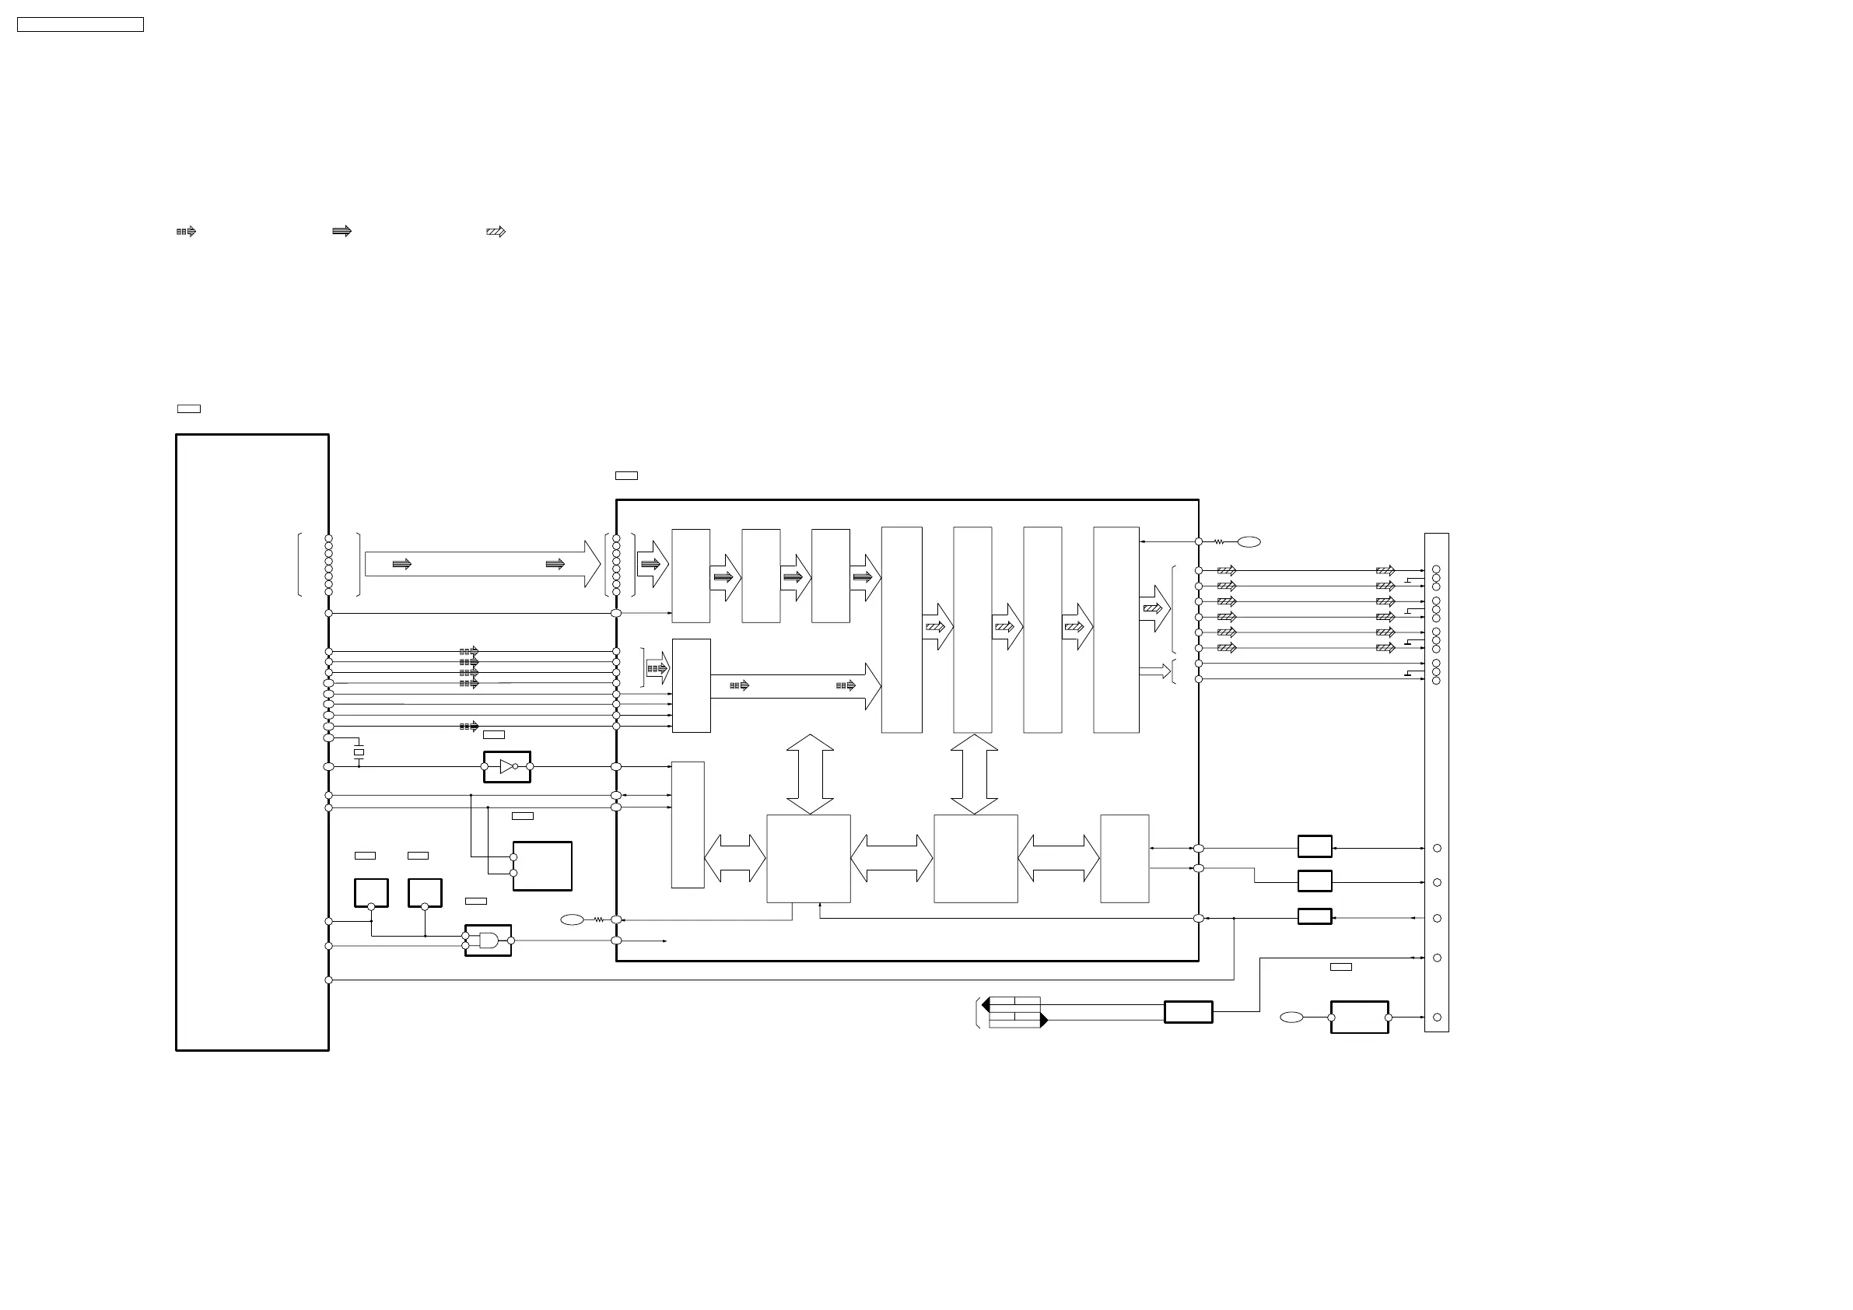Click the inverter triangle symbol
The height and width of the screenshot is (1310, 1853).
[x=506, y=767]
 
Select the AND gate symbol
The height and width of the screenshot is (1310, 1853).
[x=489, y=940]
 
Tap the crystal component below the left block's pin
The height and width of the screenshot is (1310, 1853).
[x=359, y=752]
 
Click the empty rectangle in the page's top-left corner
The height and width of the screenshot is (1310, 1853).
[x=80, y=25]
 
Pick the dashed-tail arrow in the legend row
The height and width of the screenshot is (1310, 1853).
[x=186, y=232]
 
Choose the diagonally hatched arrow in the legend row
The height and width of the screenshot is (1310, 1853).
[x=496, y=232]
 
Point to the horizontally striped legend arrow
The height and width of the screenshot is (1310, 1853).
[x=342, y=232]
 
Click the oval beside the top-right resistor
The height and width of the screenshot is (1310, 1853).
[x=1249, y=541]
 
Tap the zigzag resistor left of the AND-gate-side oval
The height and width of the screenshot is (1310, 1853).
[x=599, y=919]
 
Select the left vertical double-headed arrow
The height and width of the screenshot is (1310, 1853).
[x=810, y=774]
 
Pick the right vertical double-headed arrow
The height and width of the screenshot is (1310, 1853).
[x=974, y=774]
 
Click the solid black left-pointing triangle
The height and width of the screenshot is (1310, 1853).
[x=986, y=1005]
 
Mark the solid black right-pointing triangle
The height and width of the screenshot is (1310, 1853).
[x=1043, y=1021]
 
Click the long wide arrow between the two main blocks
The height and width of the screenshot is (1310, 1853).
[x=482, y=564]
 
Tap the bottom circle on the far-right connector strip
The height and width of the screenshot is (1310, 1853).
[x=1437, y=1018]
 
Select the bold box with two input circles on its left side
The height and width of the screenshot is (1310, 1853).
[x=542, y=866]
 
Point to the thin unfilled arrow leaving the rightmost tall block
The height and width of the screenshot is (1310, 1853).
[x=1155, y=671]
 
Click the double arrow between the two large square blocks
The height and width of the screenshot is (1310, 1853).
[x=891, y=859]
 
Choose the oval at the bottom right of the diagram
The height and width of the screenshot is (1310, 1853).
[x=1291, y=1018]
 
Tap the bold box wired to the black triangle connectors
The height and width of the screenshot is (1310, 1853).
[x=1188, y=1012]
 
